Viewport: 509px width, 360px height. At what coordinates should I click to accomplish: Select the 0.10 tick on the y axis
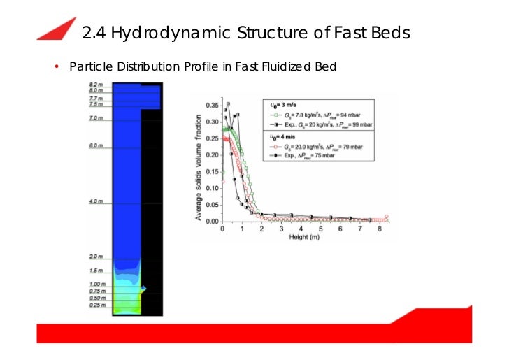coord(212,185)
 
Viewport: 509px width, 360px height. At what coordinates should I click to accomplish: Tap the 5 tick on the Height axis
coord(320,229)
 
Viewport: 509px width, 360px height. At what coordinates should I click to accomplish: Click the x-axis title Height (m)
coord(301,236)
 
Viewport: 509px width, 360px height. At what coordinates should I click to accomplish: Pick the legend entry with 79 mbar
coord(322,147)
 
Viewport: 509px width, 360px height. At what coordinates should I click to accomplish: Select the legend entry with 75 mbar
coord(315,157)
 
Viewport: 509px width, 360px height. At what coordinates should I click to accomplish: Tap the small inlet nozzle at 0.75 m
coord(144,288)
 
